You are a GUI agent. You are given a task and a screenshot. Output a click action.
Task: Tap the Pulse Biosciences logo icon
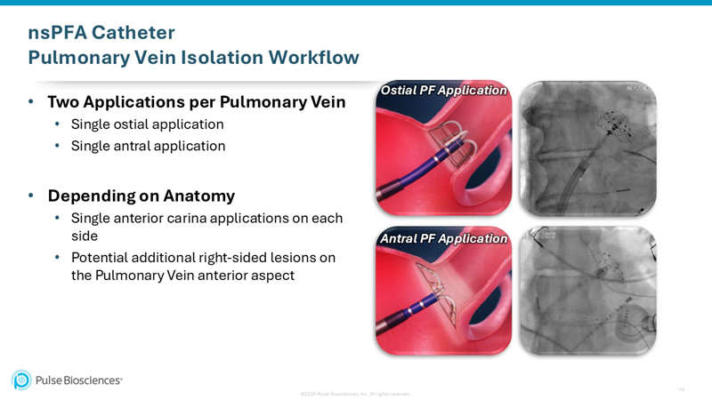click(x=21, y=380)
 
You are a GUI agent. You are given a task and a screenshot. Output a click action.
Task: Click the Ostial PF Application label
click(x=444, y=91)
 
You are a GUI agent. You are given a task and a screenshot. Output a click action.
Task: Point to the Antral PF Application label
click(x=444, y=238)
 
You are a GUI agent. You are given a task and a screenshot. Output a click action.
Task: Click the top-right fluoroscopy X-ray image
click(x=587, y=148)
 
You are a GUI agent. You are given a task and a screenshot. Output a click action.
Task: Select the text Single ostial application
click(x=147, y=124)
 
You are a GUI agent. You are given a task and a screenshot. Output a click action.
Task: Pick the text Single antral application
click(x=148, y=146)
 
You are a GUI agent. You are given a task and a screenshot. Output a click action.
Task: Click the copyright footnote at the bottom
click(x=355, y=393)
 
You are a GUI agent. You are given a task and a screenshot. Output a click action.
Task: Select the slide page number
click(x=682, y=388)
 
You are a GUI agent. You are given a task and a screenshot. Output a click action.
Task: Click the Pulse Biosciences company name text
click(x=78, y=380)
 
